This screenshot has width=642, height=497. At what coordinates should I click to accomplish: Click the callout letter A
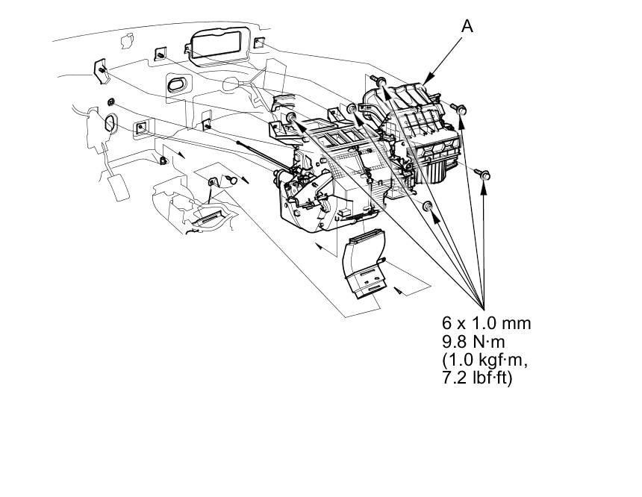point(467,25)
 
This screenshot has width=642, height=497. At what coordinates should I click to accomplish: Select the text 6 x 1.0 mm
point(486,324)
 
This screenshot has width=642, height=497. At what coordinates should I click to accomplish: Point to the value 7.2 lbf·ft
point(477,378)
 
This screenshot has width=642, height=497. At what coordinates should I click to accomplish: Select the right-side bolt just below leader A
point(461,110)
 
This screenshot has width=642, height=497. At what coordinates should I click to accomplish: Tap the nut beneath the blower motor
point(428,206)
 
